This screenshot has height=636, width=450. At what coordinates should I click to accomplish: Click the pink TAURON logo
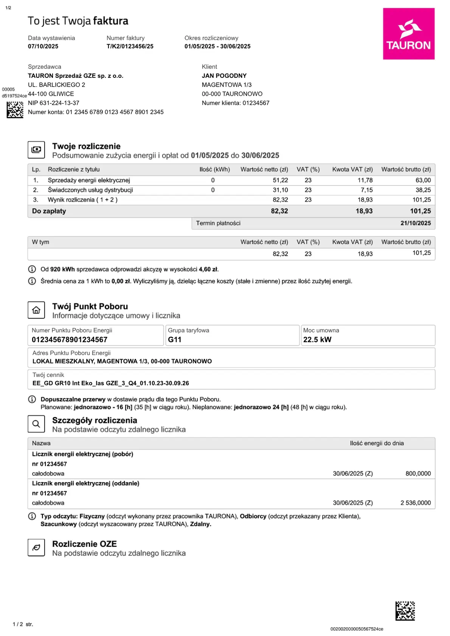[408, 34]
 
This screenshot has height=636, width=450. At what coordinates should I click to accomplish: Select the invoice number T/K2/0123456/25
[130, 46]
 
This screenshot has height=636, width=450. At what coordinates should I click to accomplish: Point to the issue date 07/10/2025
[43, 46]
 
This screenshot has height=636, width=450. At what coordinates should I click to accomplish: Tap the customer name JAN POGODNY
[224, 76]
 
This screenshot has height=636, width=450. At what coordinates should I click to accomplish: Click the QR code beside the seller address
[15, 110]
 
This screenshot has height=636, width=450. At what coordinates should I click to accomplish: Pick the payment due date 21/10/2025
[415, 223]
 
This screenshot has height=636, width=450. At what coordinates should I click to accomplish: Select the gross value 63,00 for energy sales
[423, 181]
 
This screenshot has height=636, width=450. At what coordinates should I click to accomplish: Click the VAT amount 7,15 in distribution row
[366, 190]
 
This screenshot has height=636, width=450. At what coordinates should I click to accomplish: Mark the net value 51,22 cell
[280, 181]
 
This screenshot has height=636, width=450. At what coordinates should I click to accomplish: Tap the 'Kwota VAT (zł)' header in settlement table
[352, 170]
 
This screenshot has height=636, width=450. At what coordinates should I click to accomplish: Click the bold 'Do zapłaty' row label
[49, 211]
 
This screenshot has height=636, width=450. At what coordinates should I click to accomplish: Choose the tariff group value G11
[175, 340]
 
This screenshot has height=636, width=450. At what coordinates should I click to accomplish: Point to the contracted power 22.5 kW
[317, 340]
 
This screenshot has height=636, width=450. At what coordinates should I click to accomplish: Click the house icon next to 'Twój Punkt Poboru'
[36, 310]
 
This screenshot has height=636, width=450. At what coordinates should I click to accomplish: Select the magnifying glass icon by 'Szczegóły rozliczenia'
[36, 424]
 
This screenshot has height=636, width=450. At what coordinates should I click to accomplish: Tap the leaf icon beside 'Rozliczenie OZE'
[36, 548]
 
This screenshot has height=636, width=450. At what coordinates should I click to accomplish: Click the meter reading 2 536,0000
[415, 503]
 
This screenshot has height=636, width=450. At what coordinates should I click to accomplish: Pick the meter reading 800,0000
[418, 474]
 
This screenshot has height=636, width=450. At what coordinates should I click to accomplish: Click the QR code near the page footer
[405, 611]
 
